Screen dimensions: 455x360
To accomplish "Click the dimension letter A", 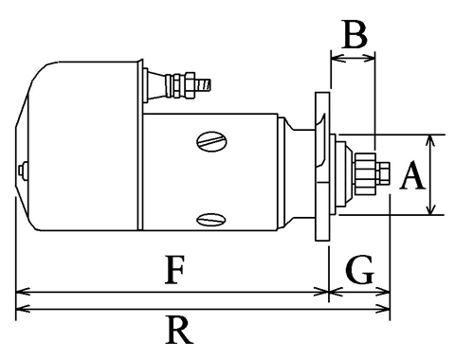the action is coord(412,174).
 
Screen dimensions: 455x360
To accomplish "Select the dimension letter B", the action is coord(355,35).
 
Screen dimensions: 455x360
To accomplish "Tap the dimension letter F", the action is coord(174,269).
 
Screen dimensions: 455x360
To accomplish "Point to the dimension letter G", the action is coord(360,269).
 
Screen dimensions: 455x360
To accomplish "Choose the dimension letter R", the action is coord(178,331).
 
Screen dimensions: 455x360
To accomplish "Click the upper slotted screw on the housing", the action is coord(211,141).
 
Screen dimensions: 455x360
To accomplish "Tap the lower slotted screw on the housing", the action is coord(211,220).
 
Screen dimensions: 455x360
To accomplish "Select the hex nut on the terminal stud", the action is coord(190,84).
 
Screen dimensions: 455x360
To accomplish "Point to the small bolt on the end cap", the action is coord(22,170).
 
